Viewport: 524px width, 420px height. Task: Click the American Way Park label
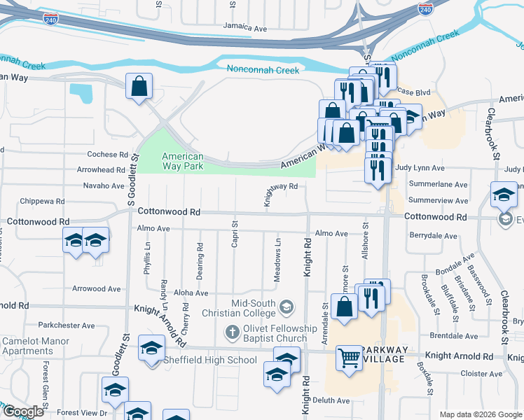click(x=183, y=162)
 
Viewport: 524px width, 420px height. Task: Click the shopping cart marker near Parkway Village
click(x=349, y=358)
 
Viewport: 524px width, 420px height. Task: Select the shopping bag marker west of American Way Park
click(x=139, y=87)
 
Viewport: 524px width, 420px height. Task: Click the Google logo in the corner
click(x=23, y=412)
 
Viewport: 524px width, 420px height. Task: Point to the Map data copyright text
click(x=481, y=414)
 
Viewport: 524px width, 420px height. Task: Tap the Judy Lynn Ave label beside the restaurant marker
click(x=420, y=169)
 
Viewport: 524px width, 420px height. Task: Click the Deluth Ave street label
click(x=331, y=400)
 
